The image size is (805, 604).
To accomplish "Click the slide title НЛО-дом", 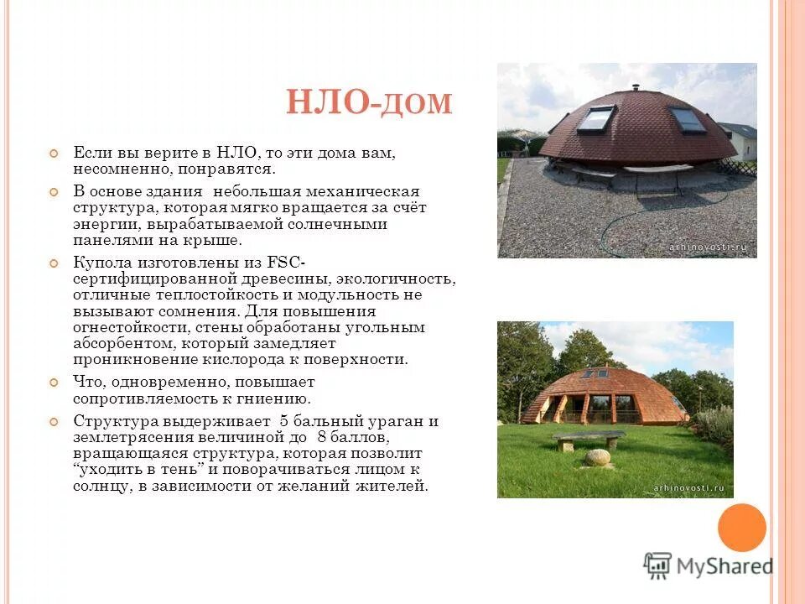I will coord(369,103).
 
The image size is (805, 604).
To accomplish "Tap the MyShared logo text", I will coord(725,566).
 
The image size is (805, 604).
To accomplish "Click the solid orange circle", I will coord(741,528).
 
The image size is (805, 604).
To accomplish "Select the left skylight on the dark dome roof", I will coord(597,118).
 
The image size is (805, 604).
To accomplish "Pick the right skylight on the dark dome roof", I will coord(687,119).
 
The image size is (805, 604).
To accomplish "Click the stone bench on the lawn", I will coord(589,439).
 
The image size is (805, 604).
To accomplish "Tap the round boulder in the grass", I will coord(597,458).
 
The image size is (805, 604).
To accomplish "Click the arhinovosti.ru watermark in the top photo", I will coord(708,247).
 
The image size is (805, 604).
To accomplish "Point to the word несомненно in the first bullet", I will coord(112,169).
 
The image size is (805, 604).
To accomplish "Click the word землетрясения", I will coord(130,437).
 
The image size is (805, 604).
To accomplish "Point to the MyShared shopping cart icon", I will coord(658,565).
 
